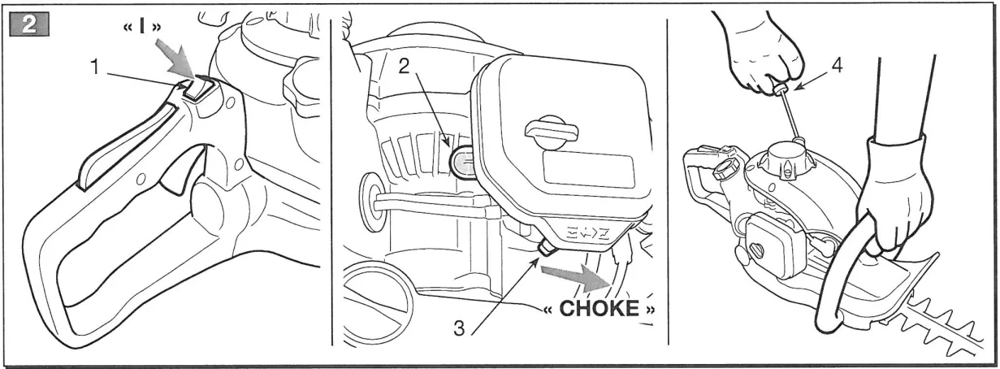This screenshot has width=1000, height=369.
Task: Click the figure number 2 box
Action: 28,24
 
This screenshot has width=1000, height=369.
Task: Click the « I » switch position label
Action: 142,27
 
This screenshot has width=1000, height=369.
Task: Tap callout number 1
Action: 94,68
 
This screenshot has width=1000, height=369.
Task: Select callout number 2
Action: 403,66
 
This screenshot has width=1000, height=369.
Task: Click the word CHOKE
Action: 600,308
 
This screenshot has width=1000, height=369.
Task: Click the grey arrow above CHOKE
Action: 575,277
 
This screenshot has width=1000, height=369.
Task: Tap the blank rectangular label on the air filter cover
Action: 589,172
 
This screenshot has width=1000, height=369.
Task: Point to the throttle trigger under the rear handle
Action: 181,171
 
